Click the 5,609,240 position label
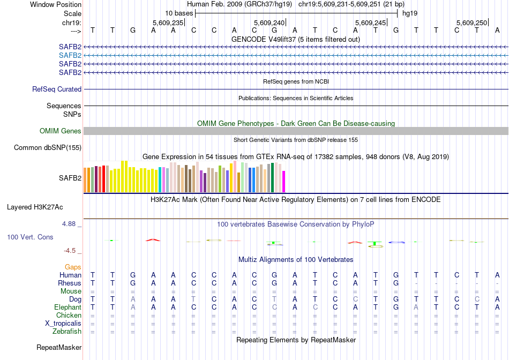pyautogui.click(x=269, y=22)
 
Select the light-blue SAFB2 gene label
pyautogui.click(x=70, y=55)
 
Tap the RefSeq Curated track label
pyautogui.click(x=57, y=89)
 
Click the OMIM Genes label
pyautogui.click(x=61, y=131)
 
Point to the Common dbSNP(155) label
pyautogui.click(x=48, y=148)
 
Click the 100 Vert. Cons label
pyautogui.click(x=30, y=237)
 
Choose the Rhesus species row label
pyautogui.click(x=70, y=283)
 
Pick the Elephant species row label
pyautogui.click(x=68, y=307)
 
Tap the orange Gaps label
pyautogui.click(x=73, y=267)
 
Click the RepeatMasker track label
pyautogui.click(x=59, y=348)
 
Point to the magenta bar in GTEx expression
pyautogui.click(x=284, y=182)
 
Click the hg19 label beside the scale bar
pyautogui.click(x=410, y=13)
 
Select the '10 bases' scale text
pyautogui.click(x=179, y=13)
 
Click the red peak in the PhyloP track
pyautogui.click(x=153, y=239)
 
